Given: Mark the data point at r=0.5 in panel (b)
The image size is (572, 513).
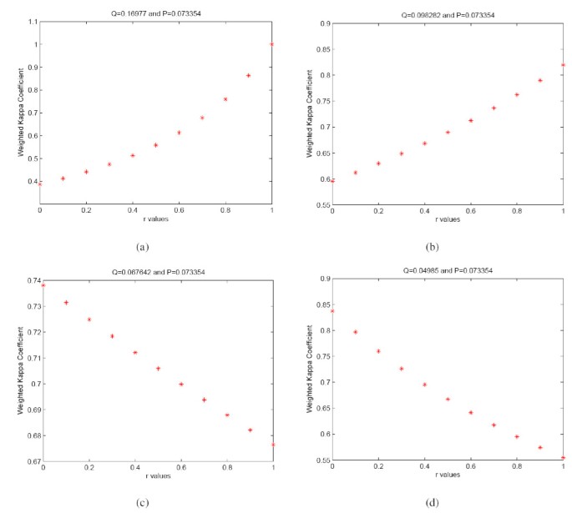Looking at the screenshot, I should tap(448, 132).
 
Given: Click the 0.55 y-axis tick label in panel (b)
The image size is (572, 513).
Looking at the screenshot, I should tap(320, 204).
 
